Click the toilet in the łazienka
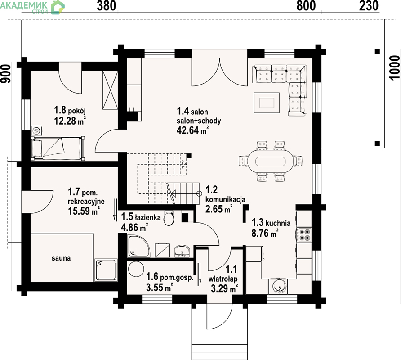coord(169,218)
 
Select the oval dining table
coord(270,162)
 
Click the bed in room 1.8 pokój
coord(58,148)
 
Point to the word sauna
coord(61,258)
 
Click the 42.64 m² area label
coord(192,130)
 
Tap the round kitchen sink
coord(278,286)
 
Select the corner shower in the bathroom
coord(138,246)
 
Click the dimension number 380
coord(107,6)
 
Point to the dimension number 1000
coord(395,68)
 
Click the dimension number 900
coord(6,74)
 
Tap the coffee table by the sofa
coord(267,103)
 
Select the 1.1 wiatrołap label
coord(223,274)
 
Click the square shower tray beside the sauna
coord(106,270)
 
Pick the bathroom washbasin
coord(182,251)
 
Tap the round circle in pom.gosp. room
coord(136,269)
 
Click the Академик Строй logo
coord(32,7)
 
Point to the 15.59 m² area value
coord(84,211)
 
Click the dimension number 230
coord(369,6)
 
